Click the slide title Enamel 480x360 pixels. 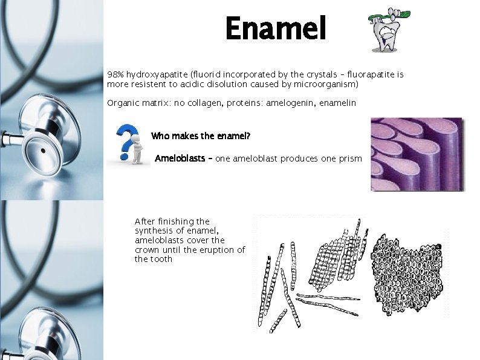tap(276, 29)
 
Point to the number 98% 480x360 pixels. tap(115, 74)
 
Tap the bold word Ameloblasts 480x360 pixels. tap(180, 159)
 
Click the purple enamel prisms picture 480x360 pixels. tap(417, 154)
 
